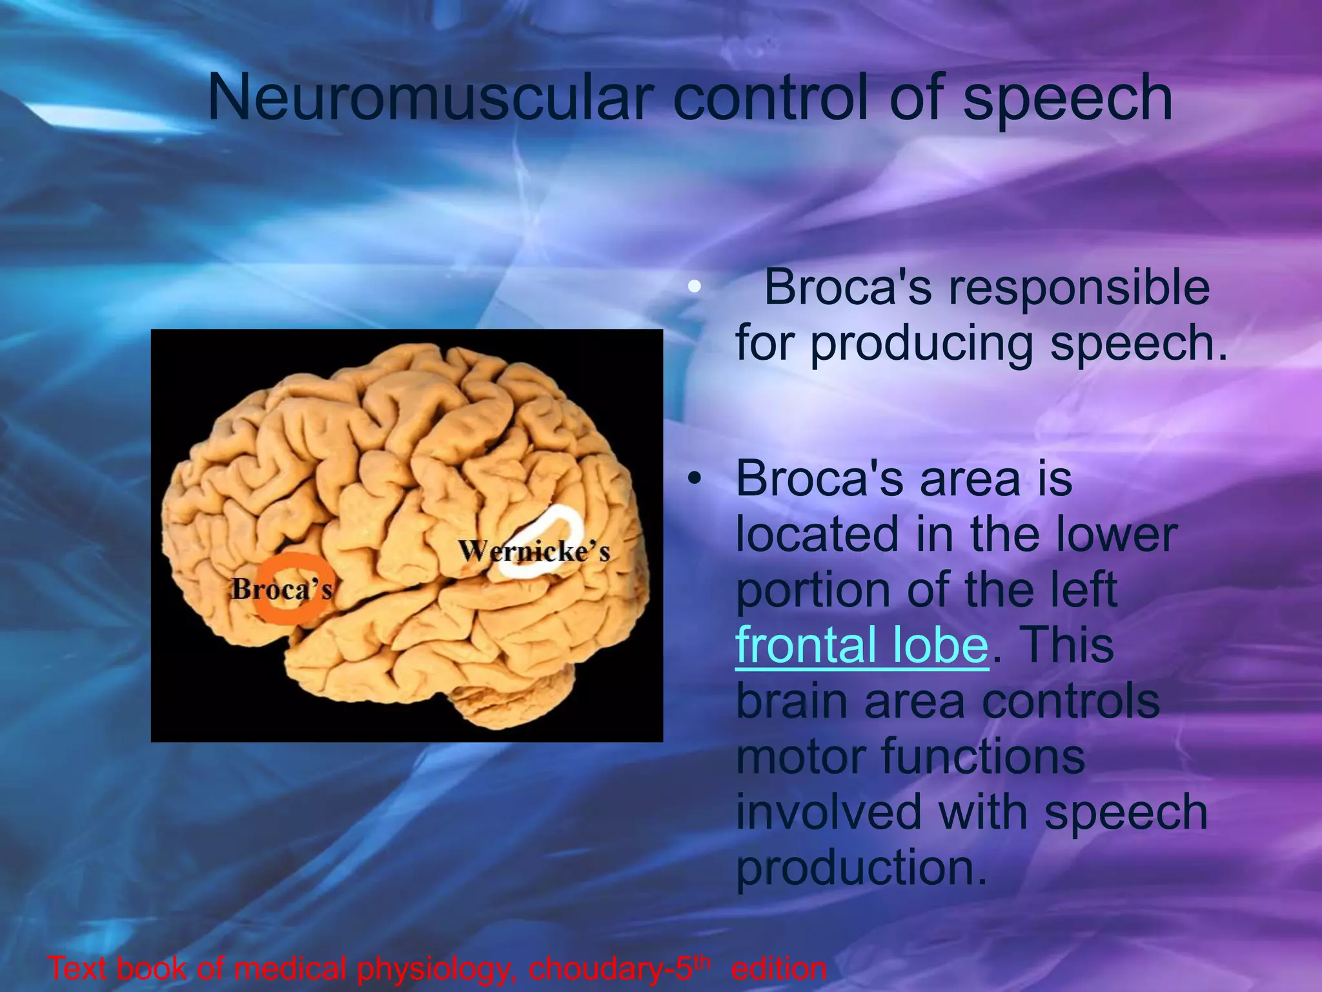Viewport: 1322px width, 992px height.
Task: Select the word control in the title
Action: pos(772,98)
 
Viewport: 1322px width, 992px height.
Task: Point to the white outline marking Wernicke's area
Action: pos(568,517)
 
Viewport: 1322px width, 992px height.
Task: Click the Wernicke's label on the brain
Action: pos(534,552)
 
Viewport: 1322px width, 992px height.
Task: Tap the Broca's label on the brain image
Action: pos(282,588)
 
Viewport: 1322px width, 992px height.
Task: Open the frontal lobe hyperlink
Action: pos(861,645)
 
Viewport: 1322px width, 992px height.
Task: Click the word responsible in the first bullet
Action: pos(1079,288)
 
